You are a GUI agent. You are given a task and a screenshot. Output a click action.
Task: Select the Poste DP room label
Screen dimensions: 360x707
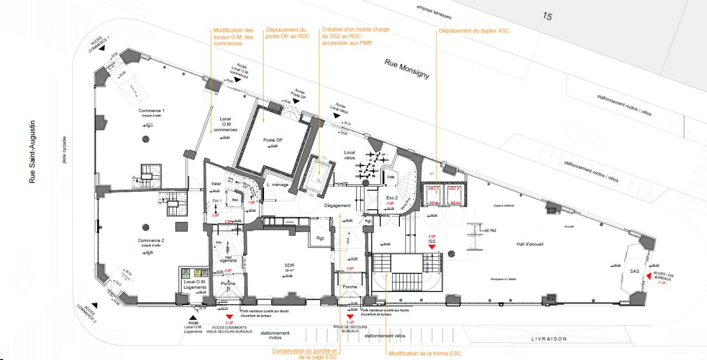(x=273, y=140)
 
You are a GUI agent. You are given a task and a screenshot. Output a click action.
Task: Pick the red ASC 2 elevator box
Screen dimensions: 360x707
(x=454, y=195)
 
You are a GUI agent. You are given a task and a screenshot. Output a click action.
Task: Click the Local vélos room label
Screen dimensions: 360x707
(x=349, y=155)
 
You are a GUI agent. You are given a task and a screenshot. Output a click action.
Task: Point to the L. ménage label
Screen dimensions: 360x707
(x=276, y=186)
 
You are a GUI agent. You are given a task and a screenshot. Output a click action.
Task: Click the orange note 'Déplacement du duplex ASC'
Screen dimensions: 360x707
(x=473, y=30)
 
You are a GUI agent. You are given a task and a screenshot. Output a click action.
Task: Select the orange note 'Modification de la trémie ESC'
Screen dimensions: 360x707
(x=424, y=353)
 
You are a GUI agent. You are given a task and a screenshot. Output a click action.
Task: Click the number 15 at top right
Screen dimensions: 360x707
(x=547, y=17)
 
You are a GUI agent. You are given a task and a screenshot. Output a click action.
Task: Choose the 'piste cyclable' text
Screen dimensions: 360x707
(x=65, y=150)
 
